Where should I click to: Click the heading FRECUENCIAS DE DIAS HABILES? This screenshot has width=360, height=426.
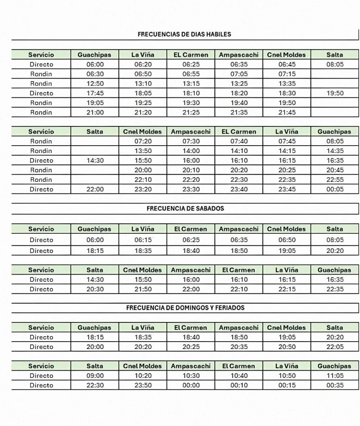point(184,34)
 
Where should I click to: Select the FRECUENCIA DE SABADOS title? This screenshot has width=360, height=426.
point(185,208)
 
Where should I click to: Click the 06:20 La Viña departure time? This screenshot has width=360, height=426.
point(143,64)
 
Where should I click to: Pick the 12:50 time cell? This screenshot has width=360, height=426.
point(95,84)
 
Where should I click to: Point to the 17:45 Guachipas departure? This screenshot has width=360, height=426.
point(95,93)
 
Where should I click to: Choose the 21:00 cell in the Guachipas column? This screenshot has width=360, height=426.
point(95,112)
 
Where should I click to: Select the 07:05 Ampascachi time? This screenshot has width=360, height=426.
point(239,74)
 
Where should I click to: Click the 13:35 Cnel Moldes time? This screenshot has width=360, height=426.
point(286,84)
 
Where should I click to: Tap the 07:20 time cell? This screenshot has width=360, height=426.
point(143,141)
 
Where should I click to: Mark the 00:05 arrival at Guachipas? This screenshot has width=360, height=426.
point(334,189)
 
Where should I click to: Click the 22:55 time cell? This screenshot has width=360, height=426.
point(334,180)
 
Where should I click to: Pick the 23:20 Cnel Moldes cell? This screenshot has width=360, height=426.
point(143,189)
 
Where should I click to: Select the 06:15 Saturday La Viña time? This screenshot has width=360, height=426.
point(143,240)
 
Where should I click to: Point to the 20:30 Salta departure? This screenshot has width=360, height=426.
point(95,289)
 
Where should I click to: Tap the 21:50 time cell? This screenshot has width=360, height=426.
point(143,289)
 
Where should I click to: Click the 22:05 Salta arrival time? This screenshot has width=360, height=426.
point(334,347)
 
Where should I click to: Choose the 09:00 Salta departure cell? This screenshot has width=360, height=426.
point(95,376)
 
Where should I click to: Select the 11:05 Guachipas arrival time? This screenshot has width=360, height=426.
point(334,376)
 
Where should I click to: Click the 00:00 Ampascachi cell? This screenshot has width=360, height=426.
point(191,385)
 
